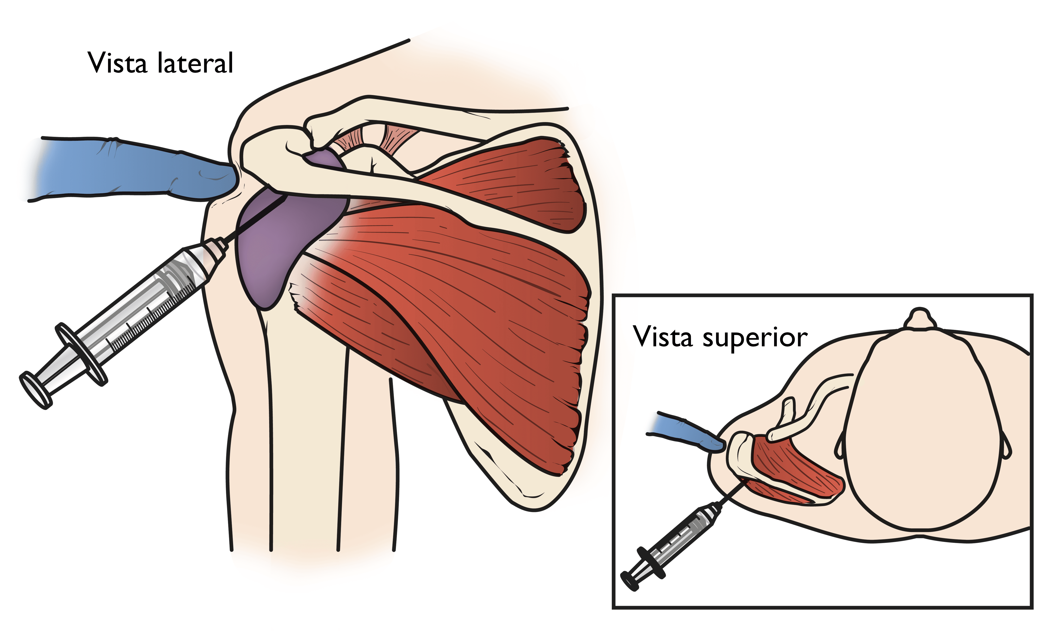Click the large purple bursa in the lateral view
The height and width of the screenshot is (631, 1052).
pyautogui.click(x=276, y=242)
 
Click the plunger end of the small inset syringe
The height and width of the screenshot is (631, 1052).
pyautogui.click(x=630, y=580)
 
